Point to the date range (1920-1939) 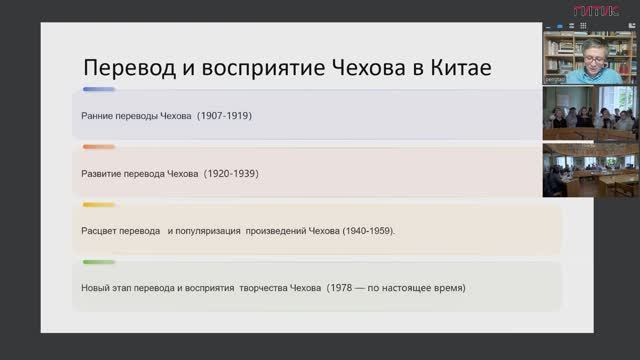point(231,173)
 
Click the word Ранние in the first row point(98,115)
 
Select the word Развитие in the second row point(103,173)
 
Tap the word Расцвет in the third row point(102,231)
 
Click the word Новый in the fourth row point(96,289)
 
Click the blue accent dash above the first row point(98,89)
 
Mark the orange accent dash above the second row point(98,147)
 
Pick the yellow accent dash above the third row point(98,205)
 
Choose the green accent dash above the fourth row point(98,263)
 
